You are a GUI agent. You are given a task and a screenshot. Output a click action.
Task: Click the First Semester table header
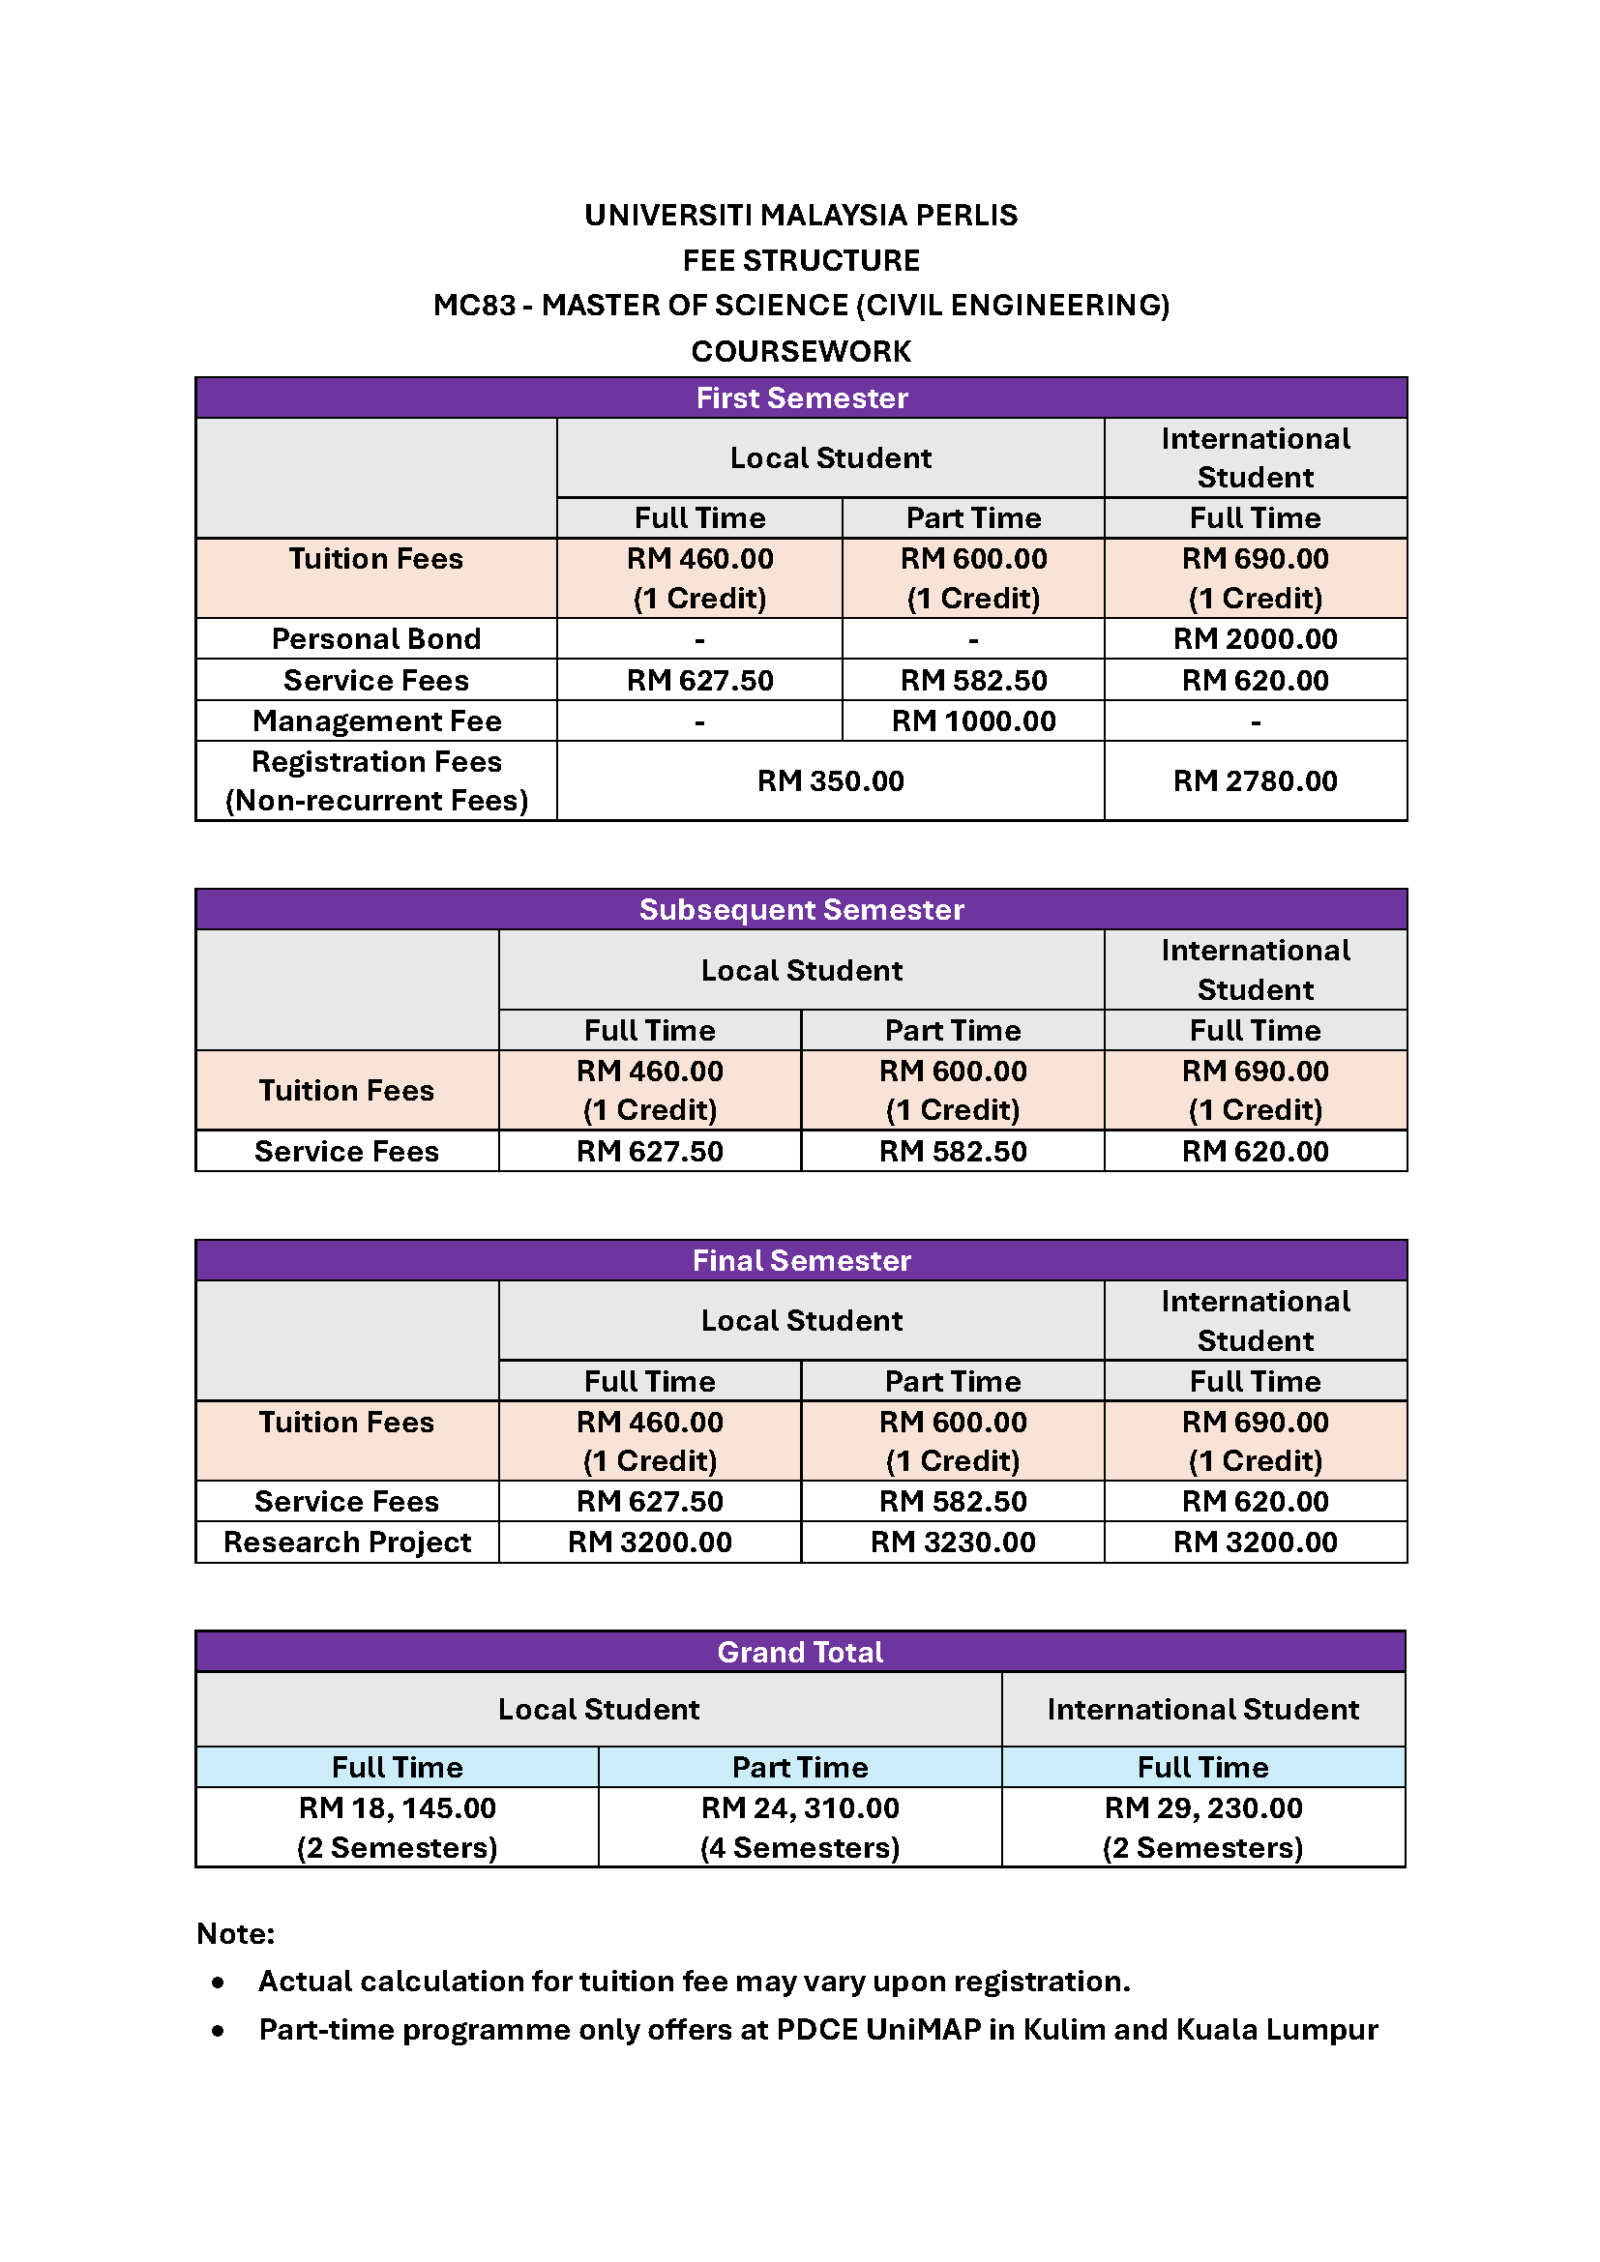[801, 398]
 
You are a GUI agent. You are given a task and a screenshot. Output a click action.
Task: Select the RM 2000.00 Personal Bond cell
[1255, 638]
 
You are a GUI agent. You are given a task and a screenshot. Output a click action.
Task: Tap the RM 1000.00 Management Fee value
[972, 721]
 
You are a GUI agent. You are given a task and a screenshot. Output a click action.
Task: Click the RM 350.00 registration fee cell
[830, 781]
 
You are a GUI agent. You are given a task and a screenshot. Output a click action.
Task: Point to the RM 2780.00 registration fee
[1255, 781]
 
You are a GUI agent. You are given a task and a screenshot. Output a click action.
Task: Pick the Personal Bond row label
[376, 638]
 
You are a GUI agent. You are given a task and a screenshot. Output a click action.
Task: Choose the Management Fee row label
[376, 721]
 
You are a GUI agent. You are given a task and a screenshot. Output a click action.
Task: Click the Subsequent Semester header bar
[801, 909]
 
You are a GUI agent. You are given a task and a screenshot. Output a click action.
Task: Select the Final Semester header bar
[801, 1260]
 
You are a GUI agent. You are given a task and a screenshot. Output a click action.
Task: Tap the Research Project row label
[347, 1542]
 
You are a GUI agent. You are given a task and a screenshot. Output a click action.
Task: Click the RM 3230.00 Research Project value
[952, 1542]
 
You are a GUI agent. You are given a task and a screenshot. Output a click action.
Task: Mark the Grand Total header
[800, 1652]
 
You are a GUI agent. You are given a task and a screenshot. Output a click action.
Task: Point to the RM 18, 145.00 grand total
[397, 1807]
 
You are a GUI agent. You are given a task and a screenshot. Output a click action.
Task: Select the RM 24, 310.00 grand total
[800, 1807]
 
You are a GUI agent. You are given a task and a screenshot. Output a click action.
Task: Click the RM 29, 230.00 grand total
[1203, 1807]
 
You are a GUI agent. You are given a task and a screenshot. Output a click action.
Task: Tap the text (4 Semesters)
[800, 1847]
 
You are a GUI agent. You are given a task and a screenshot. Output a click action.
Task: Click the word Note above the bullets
[234, 1934]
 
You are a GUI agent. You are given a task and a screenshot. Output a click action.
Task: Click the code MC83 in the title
[474, 306]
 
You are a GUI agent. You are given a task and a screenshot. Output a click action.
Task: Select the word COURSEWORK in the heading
[801, 351]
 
